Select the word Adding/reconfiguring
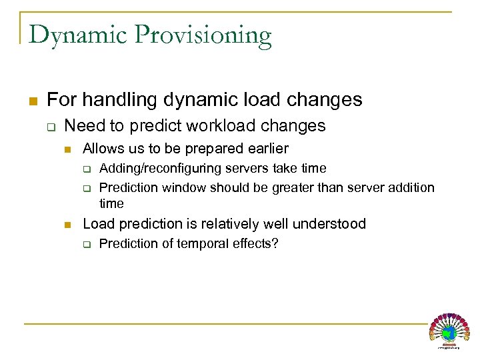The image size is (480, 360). (160, 169)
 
